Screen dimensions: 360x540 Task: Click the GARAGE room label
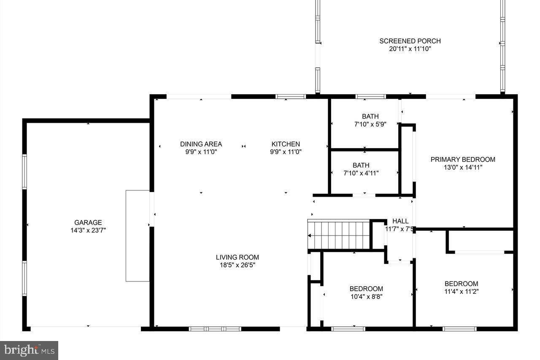tap(88, 222)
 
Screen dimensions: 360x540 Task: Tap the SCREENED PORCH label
tap(410, 41)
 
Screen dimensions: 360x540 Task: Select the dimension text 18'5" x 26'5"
tap(237, 265)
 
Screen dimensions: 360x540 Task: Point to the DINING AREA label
tap(201, 144)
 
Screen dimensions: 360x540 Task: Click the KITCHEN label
tap(286, 144)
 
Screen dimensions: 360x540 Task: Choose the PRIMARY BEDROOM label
tap(463, 159)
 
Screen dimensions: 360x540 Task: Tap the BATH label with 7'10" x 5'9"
tap(370, 116)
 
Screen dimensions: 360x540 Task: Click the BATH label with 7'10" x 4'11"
tap(361, 165)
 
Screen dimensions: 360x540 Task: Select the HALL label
tap(400, 221)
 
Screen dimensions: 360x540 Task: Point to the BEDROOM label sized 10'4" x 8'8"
tap(366, 289)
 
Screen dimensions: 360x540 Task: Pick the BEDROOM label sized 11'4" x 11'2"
tap(461, 284)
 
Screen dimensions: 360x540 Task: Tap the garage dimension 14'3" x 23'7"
tap(88, 230)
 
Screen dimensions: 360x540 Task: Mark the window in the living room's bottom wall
tap(215, 328)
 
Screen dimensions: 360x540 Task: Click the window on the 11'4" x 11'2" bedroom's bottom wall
tap(459, 328)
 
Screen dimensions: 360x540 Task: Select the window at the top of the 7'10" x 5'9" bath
tap(370, 97)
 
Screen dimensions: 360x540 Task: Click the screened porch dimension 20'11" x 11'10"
tap(410, 49)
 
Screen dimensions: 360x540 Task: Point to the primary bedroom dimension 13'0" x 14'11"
tap(463, 167)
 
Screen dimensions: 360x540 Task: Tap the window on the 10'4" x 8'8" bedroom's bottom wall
tap(348, 328)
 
